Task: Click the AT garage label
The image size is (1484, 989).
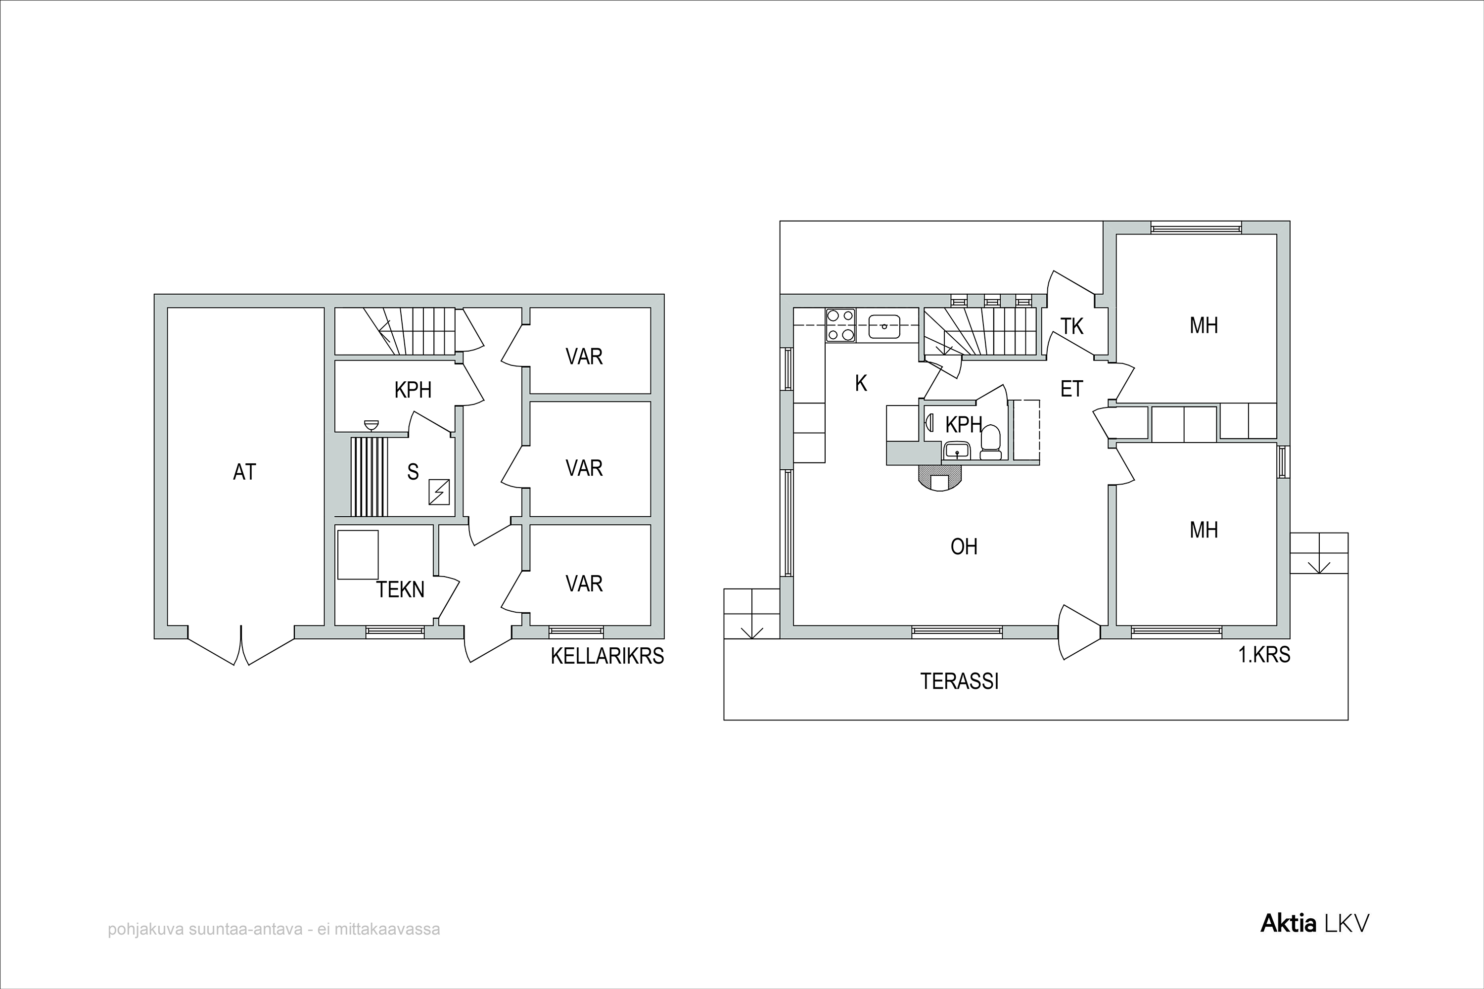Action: click(x=245, y=472)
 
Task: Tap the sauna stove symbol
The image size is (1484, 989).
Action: click(x=439, y=492)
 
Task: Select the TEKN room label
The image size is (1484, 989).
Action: click(x=400, y=590)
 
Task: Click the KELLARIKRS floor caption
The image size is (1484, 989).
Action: click(x=607, y=657)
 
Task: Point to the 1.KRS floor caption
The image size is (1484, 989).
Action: click(x=1264, y=655)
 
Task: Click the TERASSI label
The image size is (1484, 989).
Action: click(x=959, y=682)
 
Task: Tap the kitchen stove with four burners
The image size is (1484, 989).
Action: click(x=840, y=325)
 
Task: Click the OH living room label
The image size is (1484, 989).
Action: click(x=964, y=546)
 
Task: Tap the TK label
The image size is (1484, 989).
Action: click(x=1071, y=326)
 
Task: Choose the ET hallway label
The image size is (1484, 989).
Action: click(x=1071, y=389)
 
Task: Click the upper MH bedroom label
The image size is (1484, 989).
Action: click(x=1203, y=325)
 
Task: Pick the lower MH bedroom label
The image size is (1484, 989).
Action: click(x=1203, y=530)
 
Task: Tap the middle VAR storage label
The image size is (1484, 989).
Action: click(x=584, y=468)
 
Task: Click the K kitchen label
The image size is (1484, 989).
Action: click(x=861, y=383)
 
